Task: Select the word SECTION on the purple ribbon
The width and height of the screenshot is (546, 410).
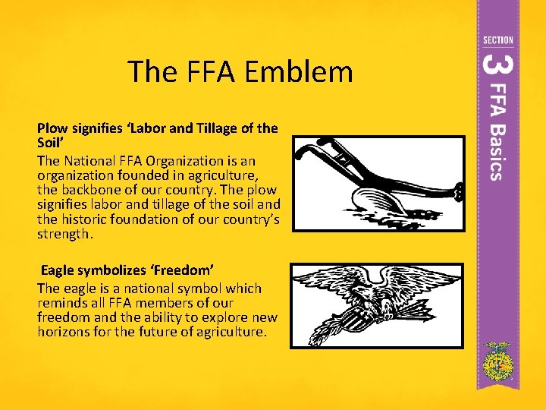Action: (497, 40)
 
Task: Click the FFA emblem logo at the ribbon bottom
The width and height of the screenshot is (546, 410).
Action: (497, 362)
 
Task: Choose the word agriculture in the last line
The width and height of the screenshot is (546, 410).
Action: (229, 332)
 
